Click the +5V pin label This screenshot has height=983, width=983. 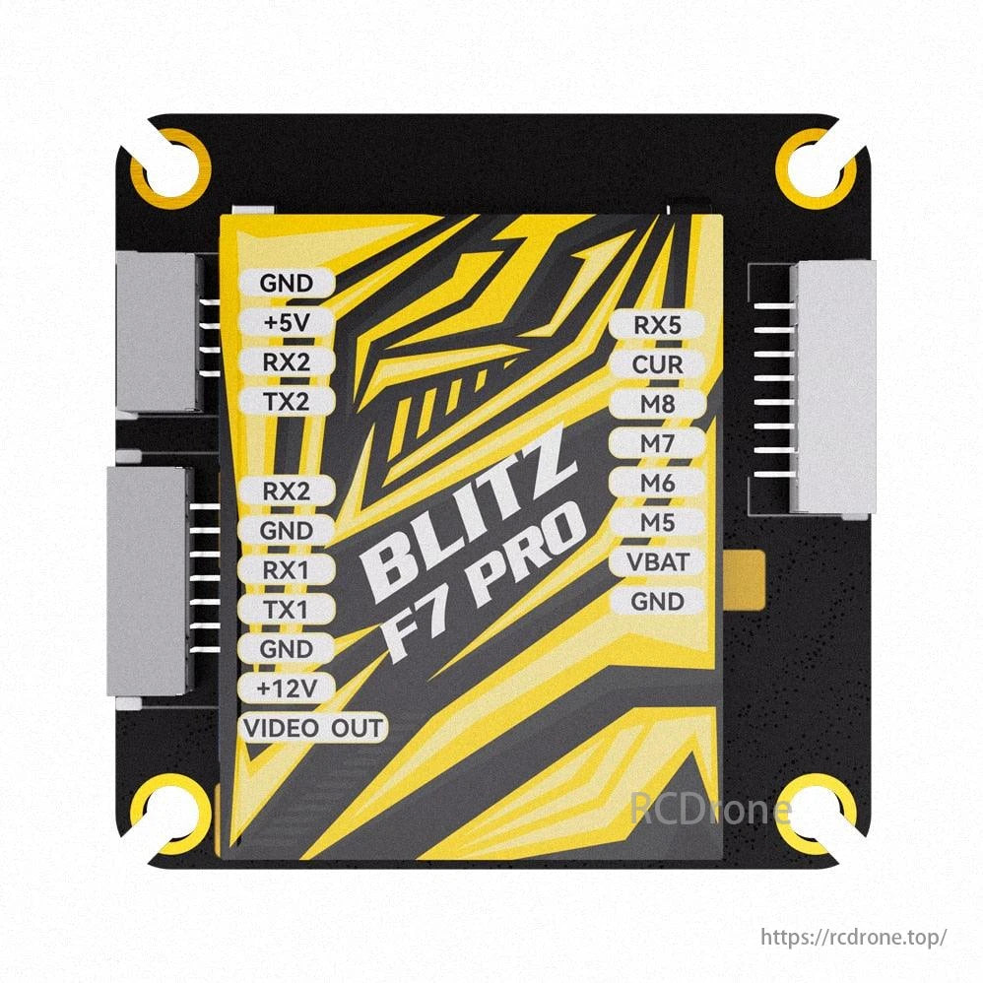(286, 322)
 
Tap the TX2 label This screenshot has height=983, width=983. (286, 401)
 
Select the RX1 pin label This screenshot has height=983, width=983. (286, 569)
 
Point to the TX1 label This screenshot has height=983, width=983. (286, 610)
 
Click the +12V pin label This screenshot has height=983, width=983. (286, 688)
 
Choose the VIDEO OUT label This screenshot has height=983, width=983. (313, 729)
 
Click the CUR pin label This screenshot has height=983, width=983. (657, 364)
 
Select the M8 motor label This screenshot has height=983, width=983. (657, 404)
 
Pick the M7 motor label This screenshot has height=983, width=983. (657, 443)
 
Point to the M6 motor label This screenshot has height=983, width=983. (657, 483)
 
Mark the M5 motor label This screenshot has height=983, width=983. (657, 522)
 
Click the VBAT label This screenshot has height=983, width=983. (657, 562)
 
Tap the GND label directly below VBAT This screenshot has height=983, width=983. (657, 601)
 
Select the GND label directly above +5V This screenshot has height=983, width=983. (286, 283)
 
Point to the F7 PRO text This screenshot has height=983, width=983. (483, 591)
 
